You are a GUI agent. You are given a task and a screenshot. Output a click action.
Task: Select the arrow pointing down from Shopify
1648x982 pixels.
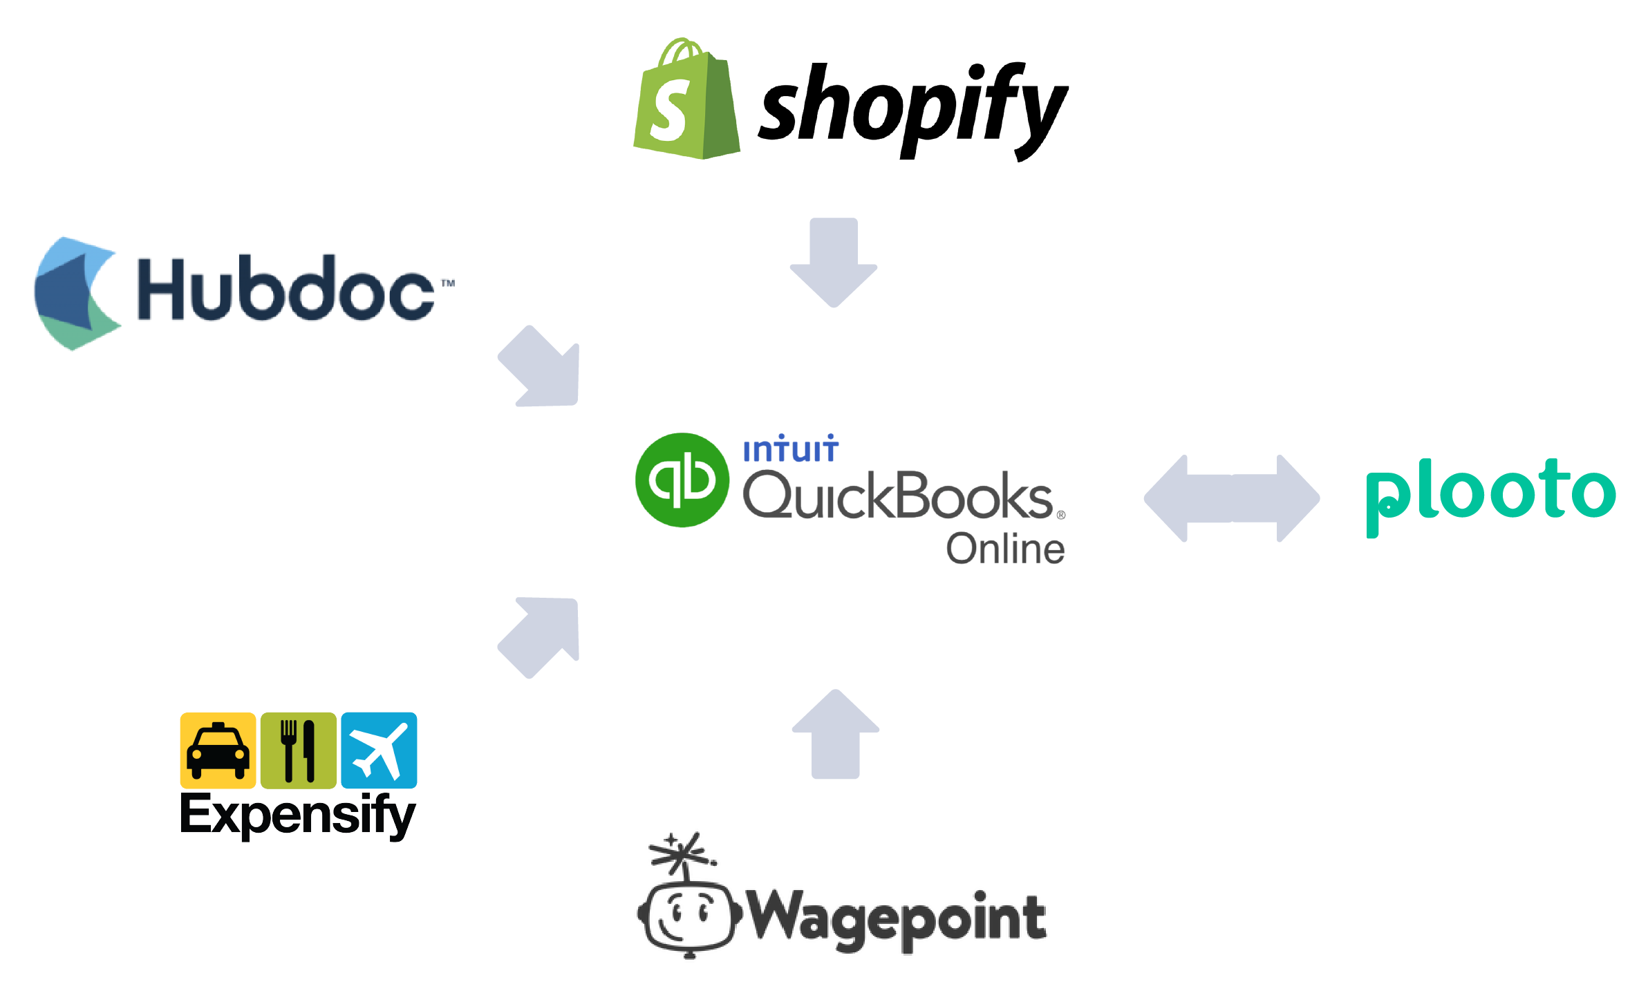(x=834, y=263)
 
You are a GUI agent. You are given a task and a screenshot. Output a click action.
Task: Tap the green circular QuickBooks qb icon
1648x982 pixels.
(x=682, y=480)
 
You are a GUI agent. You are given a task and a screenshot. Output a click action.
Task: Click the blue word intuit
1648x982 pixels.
(x=790, y=450)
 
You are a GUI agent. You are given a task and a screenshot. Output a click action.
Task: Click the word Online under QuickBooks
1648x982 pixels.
(x=1005, y=550)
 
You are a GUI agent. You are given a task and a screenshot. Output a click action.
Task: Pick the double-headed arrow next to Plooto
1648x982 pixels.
(x=1231, y=498)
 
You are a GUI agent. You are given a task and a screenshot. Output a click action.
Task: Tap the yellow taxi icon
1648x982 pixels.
(x=218, y=750)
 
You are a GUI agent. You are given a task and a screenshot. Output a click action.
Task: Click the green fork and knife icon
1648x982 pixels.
(x=298, y=750)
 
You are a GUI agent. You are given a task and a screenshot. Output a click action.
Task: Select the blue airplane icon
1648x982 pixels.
(x=379, y=750)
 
